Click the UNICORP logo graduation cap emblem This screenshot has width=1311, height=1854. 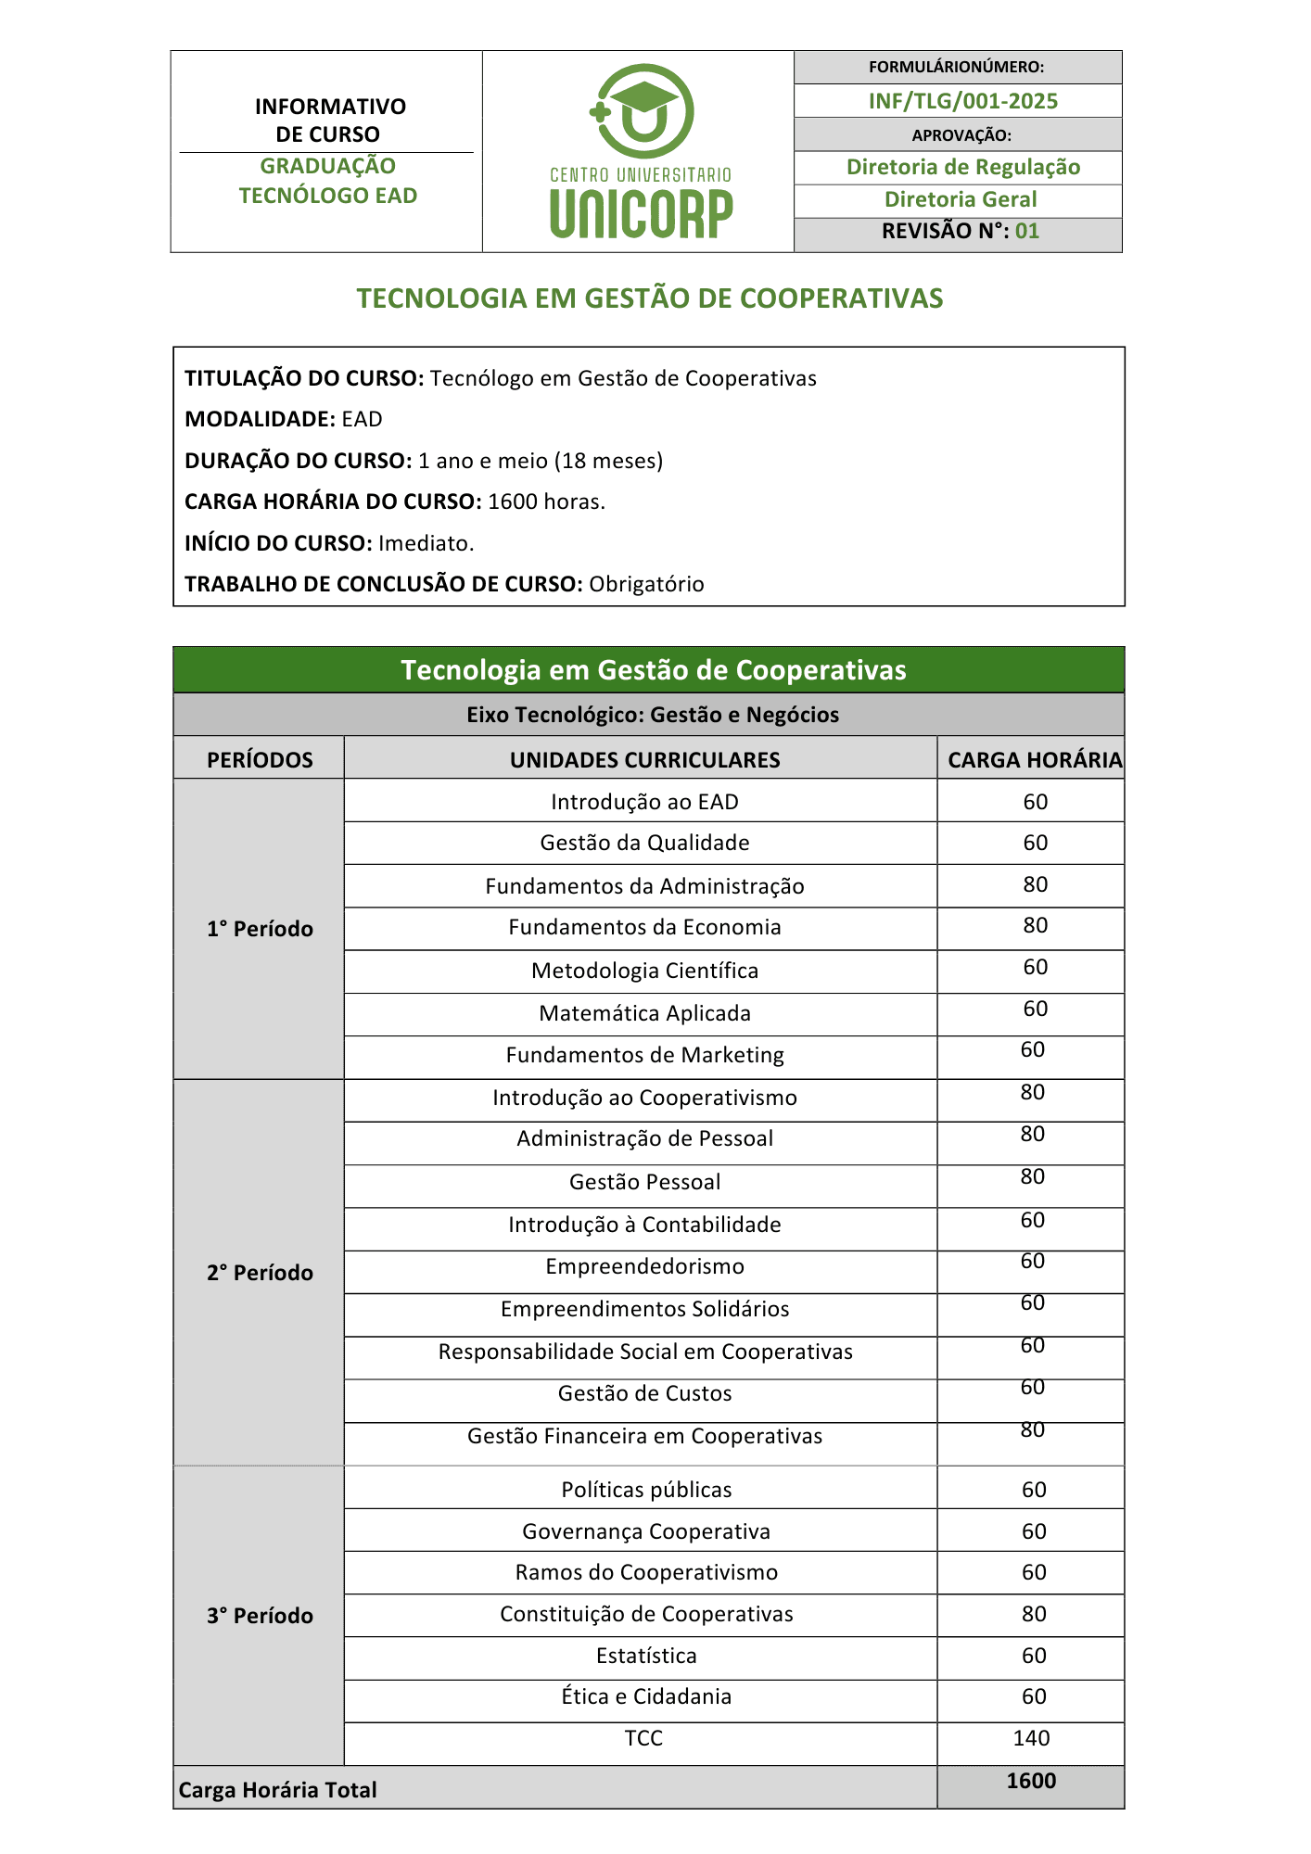pyautogui.click(x=642, y=109)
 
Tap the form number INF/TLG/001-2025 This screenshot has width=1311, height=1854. pyautogui.click(x=962, y=101)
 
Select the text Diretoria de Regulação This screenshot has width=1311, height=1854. pyautogui.click(x=962, y=167)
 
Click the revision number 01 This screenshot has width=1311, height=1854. pyautogui.click(x=1027, y=231)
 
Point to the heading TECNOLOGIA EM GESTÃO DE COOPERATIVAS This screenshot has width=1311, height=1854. pyautogui.click(x=650, y=298)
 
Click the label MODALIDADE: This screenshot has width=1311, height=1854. pyautogui.click(x=260, y=419)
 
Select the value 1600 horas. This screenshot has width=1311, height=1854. pyautogui.click(x=546, y=502)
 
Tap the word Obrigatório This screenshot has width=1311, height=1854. pyautogui.click(x=646, y=584)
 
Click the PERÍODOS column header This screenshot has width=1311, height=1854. pyautogui.click(x=260, y=760)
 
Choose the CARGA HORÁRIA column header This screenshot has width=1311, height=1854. pyautogui.click(x=1034, y=760)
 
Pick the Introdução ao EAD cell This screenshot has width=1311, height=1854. pyautogui.click(x=644, y=802)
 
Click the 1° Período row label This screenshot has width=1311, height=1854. pyautogui.click(x=260, y=929)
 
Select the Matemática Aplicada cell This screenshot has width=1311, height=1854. pyautogui.click(x=644, y=1013)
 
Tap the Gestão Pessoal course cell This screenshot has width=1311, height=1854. pyautogui.click(x=644, y=1182)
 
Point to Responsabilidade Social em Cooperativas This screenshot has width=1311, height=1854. pyautogui.click(x=644, y=1352)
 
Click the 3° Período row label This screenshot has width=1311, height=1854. pyautogui.click(x=260, y=1616)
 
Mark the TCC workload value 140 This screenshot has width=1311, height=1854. pyautogui.click(x=1031, y=1738)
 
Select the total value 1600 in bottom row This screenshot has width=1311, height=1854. pyautogui.click(x=1031, y=1781)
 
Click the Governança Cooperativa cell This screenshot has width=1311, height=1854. pyautogui.click(x=645, y=1531)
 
